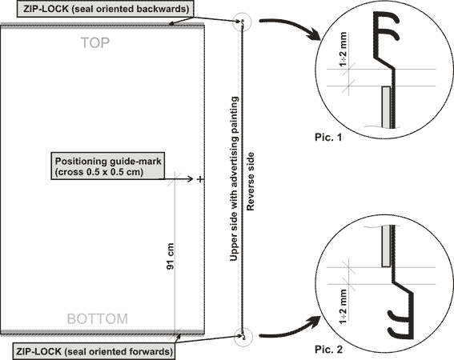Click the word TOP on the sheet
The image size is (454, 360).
[x=95, y=43]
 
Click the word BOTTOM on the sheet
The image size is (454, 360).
[x=98, y=318]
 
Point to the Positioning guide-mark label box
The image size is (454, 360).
[x=108, y=166]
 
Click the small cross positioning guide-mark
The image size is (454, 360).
[x=200, y=179]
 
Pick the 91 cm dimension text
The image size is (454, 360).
[x=171, y=256]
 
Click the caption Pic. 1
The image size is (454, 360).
[x=328, y=137]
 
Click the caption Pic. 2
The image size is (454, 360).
[x=328, y=350]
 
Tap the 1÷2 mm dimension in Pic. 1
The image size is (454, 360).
[x=343, y=49]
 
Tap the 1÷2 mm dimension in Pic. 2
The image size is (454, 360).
[x=344, y=306]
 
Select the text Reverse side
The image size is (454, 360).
[x=250, y=182]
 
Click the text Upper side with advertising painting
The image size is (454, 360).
[x=234, y=178]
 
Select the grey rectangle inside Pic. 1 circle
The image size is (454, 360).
[x=386, y=106]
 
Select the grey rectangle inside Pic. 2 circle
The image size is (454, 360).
[x=386, y=246]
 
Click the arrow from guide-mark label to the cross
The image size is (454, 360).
[x=176, y=179]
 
